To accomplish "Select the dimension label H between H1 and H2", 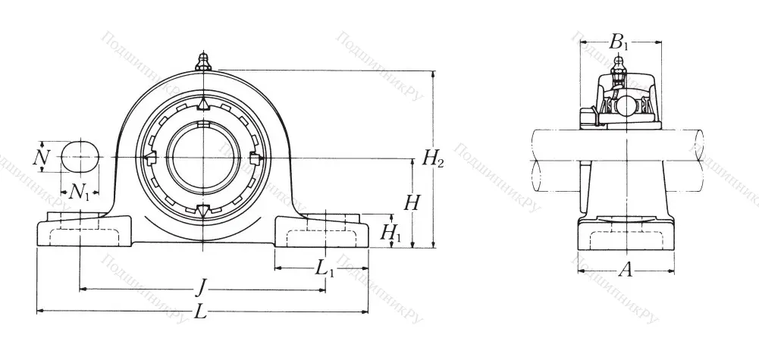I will click(x=412, y=202).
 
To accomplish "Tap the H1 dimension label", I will click(x=390, y=233).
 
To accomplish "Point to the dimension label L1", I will click(x=324, y=268).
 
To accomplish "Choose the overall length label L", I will click(x=200, y=311).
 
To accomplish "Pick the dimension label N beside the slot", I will click(x=42, y=157).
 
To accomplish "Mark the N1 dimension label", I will click(x=79, y=193).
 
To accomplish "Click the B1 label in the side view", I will click(x=619, y=42).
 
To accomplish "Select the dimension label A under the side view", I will click(x=626, y=268).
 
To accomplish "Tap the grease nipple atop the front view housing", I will click(x=202, y=61).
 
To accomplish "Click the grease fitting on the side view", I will click(x=619, y=73).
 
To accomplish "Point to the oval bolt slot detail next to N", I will click(x=80, y=157).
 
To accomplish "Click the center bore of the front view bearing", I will click(x=202, y=157).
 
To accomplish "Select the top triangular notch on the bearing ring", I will click(x=202, y=103).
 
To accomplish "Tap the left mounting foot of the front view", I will click(x=83, y=230).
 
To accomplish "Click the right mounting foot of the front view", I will click(x=321, y=230).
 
